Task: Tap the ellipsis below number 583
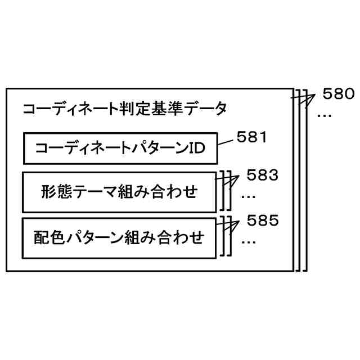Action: [x=249, y=196]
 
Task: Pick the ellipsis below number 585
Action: [x=249, y=241]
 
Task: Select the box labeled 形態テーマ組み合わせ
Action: [x=119, y=192]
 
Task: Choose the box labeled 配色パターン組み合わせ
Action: [x=119, y=237]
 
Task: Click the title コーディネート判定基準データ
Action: [x=124, y=109]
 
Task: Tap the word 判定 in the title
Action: [x=132, y=109]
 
